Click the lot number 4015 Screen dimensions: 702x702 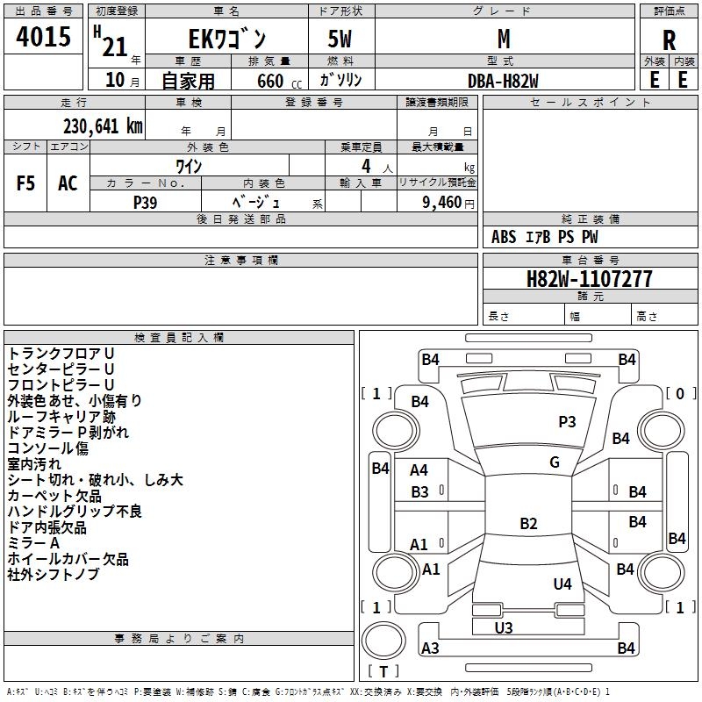(43, 36)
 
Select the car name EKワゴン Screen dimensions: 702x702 (227, 39)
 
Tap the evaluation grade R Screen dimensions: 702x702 (669, 40)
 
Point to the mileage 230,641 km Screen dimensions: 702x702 (103, 126)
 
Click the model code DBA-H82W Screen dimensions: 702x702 (503, 81)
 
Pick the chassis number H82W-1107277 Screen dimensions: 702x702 (589, 279)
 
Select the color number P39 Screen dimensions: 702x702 (146, 203)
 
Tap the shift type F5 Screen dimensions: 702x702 (25, 183)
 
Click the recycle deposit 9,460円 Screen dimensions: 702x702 (448, 203)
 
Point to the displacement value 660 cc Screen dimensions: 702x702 (279, 82)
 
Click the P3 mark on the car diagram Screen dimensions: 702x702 (567, 422)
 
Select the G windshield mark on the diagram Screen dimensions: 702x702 (555, 462)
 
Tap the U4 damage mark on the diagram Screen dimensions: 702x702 (562, 584)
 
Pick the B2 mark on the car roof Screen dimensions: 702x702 (528, 523)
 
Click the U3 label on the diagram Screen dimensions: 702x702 (504, 627)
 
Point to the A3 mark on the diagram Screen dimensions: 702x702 (430, 648)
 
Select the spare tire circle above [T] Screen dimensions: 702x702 (383, 640)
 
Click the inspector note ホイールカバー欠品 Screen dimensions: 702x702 (68, 559)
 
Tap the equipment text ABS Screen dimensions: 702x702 (504, 237)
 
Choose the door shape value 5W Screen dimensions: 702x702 (340, 39)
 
